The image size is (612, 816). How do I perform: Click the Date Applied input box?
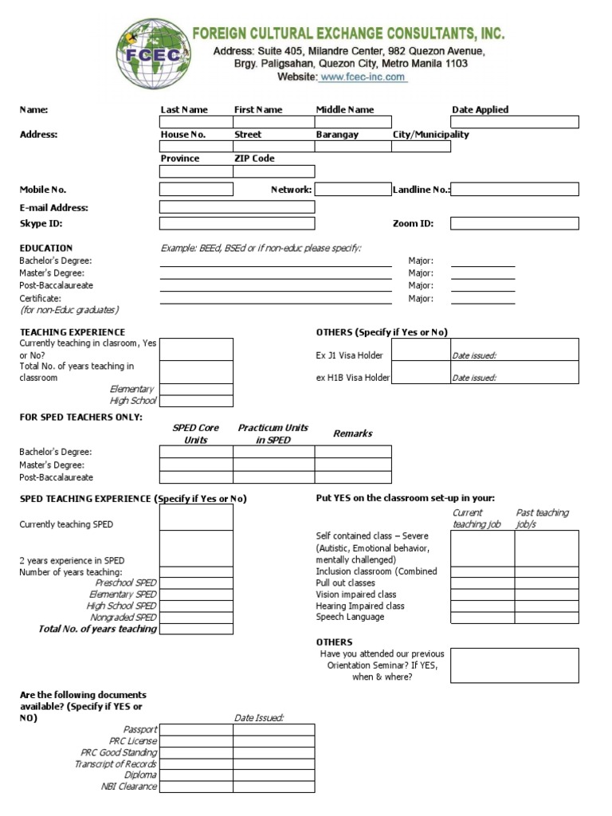coord(515,122)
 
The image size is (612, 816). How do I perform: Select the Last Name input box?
coord(196,122)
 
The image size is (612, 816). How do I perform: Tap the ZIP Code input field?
coord(273,171)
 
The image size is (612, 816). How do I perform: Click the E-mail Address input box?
coord(237,207)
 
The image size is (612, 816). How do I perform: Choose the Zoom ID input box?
coord(515,224)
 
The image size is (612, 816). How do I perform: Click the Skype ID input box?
coord(237,224)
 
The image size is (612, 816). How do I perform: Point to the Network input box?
coord(352,190)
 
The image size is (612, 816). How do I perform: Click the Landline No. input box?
coord(515,190)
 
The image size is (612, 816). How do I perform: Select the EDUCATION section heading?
coord(46,248)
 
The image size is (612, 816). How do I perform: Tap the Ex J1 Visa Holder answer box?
coord(420,350)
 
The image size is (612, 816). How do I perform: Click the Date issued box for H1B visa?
coord(514,373)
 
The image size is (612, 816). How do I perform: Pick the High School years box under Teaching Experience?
coord(196,401)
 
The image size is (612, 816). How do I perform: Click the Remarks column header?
coord(352,433)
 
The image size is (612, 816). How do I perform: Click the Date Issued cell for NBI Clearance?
coord(273,787)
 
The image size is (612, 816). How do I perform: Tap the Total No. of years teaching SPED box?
coord(196,629)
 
